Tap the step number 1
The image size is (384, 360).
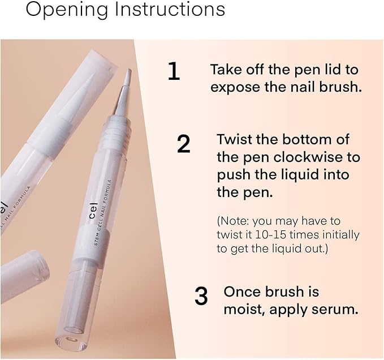tap(174, 72)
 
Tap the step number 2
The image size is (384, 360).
tap(183, 144)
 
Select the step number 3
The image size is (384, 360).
tap(201, 296)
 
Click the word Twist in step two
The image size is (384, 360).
tap(234, 139)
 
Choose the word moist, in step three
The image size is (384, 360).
tap(245, 310)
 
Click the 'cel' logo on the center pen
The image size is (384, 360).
tap(93, 213)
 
